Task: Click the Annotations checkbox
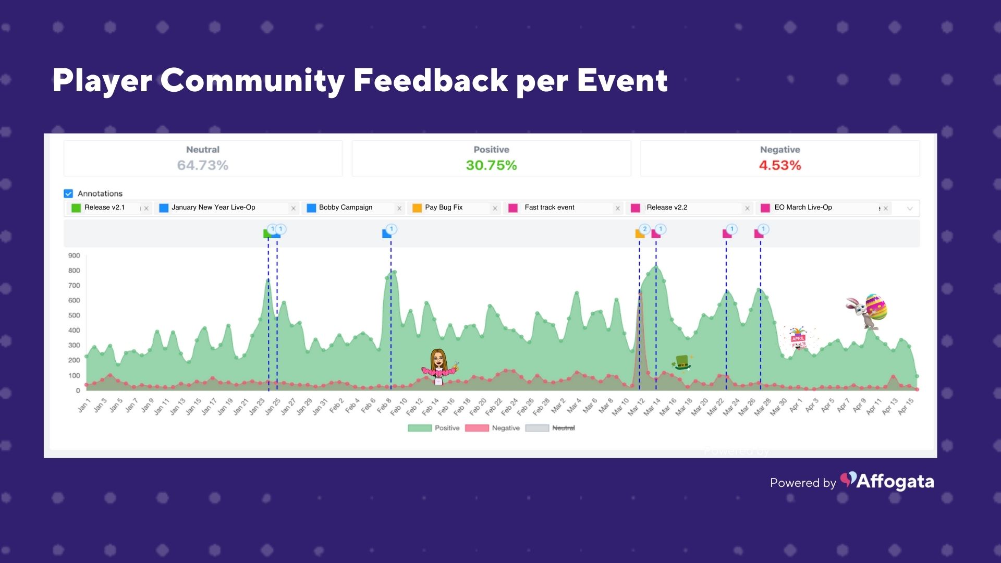[x=68, y=193]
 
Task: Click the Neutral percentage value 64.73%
[x=202, y=165]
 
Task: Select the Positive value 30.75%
[x=491, y=165]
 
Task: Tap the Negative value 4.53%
[x=779, y=165]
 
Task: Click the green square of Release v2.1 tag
[x=76, y=208]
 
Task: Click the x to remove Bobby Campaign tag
[x=399, y=209]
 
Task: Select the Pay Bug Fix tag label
[x=444, y=207]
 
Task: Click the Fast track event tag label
[x=549, y=207]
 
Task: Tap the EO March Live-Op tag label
[x=803, y=207]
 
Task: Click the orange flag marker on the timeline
[x=639, y=234]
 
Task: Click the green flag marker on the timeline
[x=267, y=234]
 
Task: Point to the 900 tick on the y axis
[x=74, y=255]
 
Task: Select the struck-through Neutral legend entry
[x=563, y=428]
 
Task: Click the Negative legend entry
[x=505, y=428]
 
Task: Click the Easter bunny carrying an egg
[x=867, y=311]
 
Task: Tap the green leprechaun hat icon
[x=682, y=362]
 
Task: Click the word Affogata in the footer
[x=895, y=482]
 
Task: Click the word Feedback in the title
[x=431, y=81]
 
